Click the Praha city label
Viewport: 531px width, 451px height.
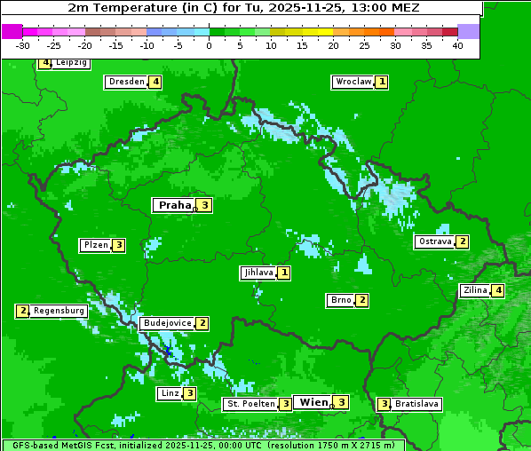(x=174, y=205)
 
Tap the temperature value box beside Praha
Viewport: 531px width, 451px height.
(x=204, y=205)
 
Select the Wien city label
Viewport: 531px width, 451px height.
(x=313, y=402)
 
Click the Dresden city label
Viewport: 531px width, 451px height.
(x=126, y=82)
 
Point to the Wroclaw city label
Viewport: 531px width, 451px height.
(x=353, y=82)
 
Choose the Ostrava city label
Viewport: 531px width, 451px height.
(x=435, y=241)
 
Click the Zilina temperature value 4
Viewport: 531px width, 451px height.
(x=498, y=290)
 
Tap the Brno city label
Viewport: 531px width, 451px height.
(x=340, y=300)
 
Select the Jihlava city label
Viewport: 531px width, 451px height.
(x=258, y=273)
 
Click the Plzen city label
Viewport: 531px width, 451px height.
(x=95, y=245)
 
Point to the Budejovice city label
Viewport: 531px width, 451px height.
(x=167, y=323)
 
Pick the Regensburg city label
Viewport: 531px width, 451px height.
(x=59, y=311)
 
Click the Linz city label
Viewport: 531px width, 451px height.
(x=170, y=393)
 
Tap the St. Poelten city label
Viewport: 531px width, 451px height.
(x=250, y=404)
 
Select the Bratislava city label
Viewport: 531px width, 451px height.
(x=416, y=404)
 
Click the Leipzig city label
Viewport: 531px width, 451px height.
(x=71, y=63)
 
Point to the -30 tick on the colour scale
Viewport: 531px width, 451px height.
(x=23, y=45)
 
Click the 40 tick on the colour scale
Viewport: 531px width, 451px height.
(x=457, y=45)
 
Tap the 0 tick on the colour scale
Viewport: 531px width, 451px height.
(x=209, y=45)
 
